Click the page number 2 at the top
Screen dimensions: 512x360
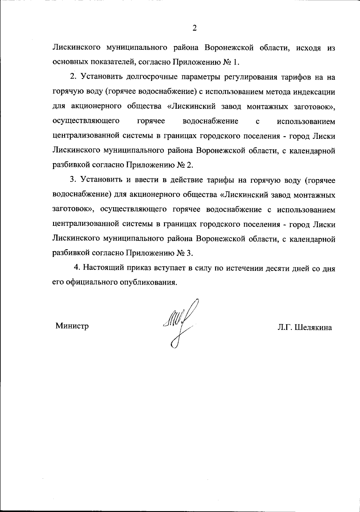tap(194, 28)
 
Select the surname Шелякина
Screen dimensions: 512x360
tap(313, 328)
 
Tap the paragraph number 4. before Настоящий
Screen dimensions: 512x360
tap(77, 268)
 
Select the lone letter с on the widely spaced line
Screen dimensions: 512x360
tap(257, 122)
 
